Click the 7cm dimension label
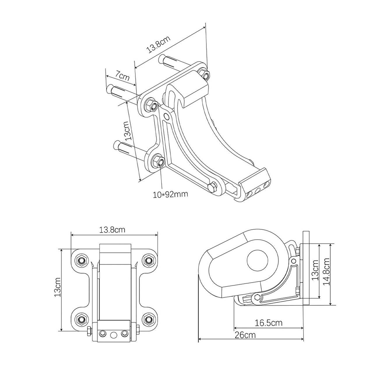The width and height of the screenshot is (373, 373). click(x=122, y=76)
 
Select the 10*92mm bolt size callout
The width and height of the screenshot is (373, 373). click(x=170, y=194)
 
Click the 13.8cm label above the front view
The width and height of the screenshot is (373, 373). click(x=112, y=230)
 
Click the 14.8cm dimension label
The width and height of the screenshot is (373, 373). click(x=326, y=272)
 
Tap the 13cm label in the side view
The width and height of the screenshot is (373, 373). click(x=315, y=270)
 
